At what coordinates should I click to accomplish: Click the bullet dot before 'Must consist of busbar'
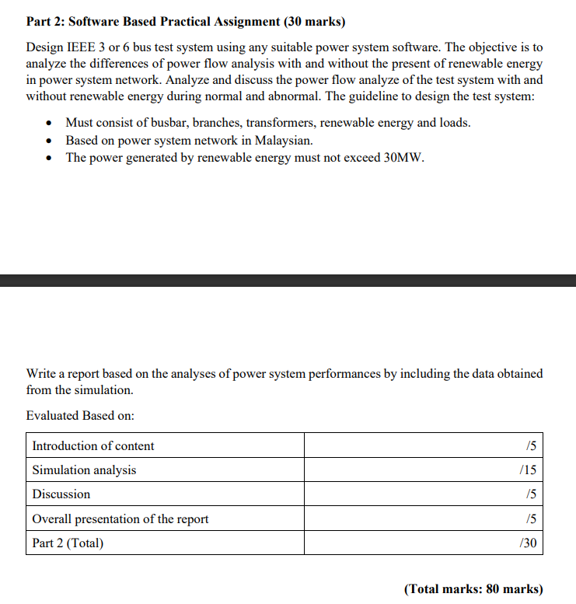pos(50,124)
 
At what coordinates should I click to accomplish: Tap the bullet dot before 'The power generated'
pos(50,158)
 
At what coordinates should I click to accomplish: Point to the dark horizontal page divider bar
pos(288,281)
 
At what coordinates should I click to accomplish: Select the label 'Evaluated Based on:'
pos(80,416)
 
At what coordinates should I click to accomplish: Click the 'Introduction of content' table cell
pos(93,446)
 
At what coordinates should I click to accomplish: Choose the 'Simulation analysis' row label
pos(84,470)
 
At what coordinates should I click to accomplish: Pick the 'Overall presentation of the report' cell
pos(120,518)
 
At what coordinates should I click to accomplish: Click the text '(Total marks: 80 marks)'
pos(473,588)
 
